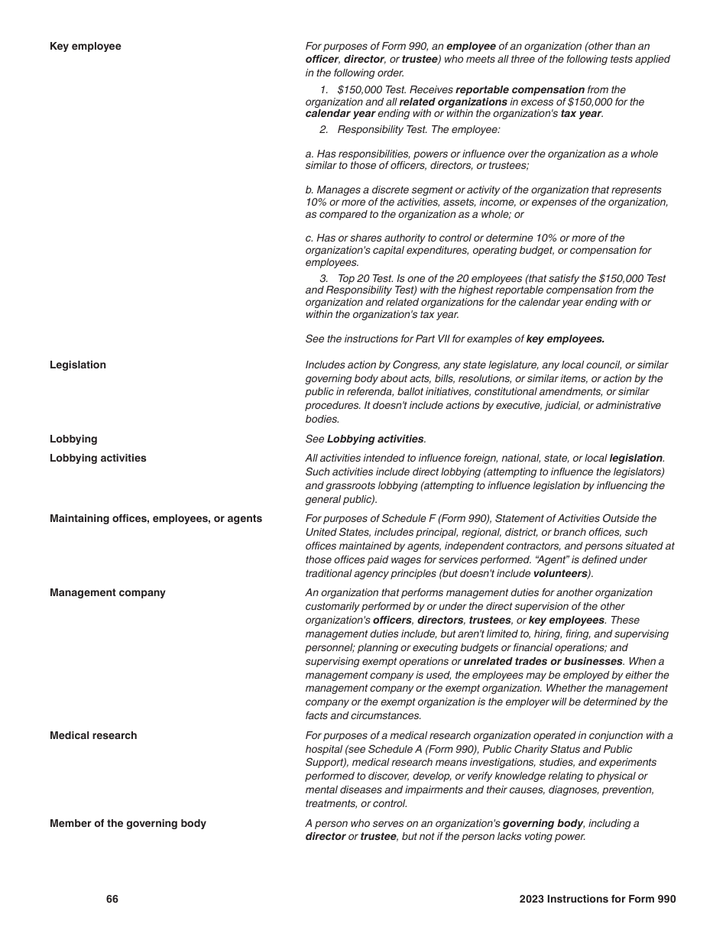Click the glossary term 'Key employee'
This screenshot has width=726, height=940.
(x=85, y=47)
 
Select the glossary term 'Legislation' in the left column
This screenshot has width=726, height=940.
(x=78, y=365)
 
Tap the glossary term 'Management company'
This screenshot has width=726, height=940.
(x=107, y=593)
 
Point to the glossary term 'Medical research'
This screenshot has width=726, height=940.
(x=93, y=736)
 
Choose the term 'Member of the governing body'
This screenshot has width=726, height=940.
(x=128, y=824)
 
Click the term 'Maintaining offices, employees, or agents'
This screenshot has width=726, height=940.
(x=156, y=519)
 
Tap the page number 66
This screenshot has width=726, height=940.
(x=112, y=899)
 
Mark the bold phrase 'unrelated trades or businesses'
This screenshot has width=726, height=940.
(x=543, y=662)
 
